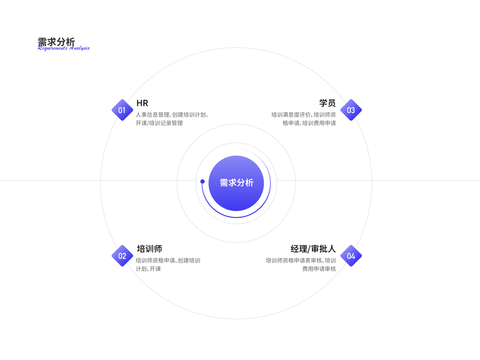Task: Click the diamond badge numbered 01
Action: click(x=122, y=110)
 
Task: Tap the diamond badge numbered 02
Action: click(x=122, y=256)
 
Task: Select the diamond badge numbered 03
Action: click(x=351, y=110)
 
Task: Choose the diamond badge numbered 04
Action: click(x=351, y=256)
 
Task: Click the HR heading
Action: click(x=142, y=103)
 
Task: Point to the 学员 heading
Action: click(x=327, y=103)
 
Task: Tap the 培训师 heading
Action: click(x=149, y=249)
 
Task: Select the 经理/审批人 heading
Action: click(x=313, y=249)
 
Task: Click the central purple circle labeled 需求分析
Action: click(x=236, y=183)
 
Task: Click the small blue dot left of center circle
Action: click(x=202, y=181)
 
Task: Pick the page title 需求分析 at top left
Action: click(x=56, y=41)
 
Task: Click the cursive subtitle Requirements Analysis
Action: click(x=64, y=48)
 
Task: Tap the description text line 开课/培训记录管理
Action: click(x=159, y=123)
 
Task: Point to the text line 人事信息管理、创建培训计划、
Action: click(x=172, y=114)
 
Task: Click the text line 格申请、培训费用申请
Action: click(x=309, y=123)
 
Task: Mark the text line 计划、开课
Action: click(x=148, y=269)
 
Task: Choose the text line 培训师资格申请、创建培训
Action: click(x=168, y=260)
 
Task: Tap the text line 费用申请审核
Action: click(x=319, y=269)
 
